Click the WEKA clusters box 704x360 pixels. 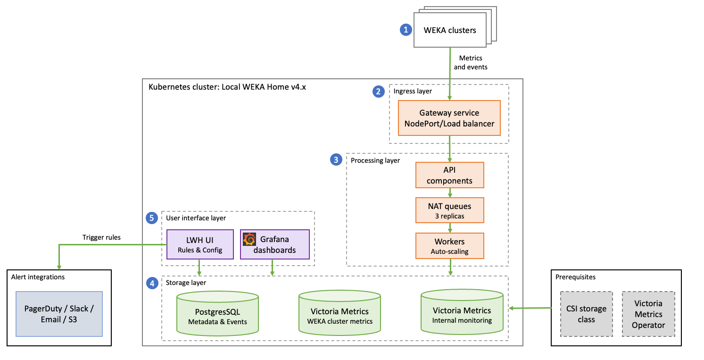click(x=449, y=30)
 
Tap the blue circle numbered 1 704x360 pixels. click(x=405, y=30)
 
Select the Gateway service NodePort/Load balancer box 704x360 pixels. click(x=449, y=118)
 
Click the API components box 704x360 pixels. click(x=450, y=175)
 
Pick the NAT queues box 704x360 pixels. click(x=450, y=210)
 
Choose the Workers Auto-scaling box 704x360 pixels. click(x=450, y=246)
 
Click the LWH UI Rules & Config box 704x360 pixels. click(x=200, y=244)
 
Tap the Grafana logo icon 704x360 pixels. click(x=249, y=239)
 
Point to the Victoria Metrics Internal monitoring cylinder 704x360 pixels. click(x=462, y=314)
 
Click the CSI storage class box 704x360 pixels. click(x=586, y=314)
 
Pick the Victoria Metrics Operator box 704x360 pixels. click(x=648, y=314)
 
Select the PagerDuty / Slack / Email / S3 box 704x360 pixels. click(x=59, y=314)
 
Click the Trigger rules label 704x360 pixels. click(x=101, y=237)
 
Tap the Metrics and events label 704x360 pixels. click(x=470, y=62)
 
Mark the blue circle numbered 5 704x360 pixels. click(x=151, y=218)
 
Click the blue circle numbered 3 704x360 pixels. click(x=335, y=160)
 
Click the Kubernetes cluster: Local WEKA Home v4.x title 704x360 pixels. click(x=227, y=87)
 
